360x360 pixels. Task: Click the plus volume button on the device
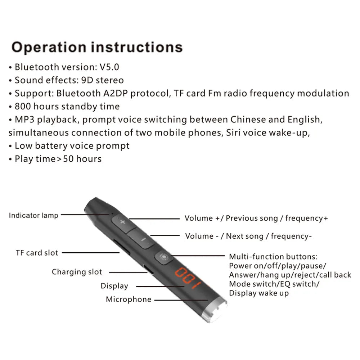122,222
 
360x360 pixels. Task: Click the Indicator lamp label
33,215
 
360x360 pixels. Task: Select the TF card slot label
37,253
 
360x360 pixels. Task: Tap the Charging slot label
77,272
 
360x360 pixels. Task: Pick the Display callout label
114,286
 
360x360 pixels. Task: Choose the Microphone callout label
129,300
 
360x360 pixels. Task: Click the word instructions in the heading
136,48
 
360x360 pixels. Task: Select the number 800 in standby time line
22,106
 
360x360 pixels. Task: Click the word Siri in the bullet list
234,132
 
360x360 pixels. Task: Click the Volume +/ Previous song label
256,218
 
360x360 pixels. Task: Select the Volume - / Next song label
248,236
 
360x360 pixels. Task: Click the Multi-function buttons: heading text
273,257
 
